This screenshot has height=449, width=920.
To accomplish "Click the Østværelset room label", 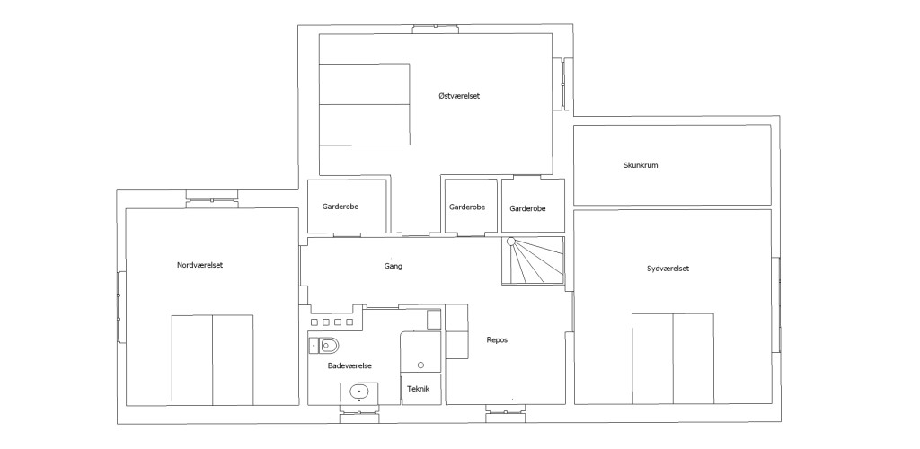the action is (x=459, y=96).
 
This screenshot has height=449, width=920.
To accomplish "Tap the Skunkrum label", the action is (x=640, y=165).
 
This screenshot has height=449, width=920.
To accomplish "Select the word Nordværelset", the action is (x=200, y=265).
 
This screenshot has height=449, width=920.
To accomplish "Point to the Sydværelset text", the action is (x=668, y=269).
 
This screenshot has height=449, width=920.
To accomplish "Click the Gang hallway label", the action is (x=394, y=266).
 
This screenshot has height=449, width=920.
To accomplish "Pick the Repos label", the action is (x=497, y=340).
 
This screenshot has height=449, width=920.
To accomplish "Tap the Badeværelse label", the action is (x=349, y=365).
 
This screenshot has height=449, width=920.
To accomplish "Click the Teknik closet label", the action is (x=419, y=389).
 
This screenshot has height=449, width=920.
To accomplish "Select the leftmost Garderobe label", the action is (x=341, y=207).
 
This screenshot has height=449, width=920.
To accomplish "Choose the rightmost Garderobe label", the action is (x=527, y=208).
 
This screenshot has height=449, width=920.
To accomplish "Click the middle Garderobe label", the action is (x=467, y=207).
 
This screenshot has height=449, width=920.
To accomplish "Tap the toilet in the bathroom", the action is (x=329, y=346).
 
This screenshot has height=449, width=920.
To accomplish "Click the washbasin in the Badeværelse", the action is (x=359, y=392).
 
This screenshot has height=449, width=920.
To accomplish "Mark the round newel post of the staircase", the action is (x=511, y=241).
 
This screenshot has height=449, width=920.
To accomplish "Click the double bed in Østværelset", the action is (x=365, y=104).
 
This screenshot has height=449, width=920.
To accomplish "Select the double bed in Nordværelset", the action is (x=212, y=360).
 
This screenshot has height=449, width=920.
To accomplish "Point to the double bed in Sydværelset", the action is (x=673, y=358).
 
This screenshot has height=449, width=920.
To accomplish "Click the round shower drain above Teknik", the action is (x=420, y=365).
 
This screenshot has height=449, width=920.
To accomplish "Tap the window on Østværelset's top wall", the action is (x=435, y=29).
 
